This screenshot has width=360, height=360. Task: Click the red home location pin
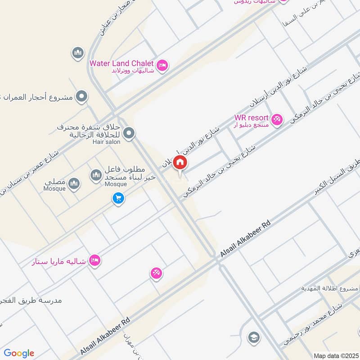coord(180,162)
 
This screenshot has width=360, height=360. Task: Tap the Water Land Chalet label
coord(121,63)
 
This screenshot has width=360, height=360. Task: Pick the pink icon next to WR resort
coord(277,119)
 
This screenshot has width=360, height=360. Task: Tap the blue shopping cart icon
coord(118,198)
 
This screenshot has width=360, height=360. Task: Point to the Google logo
coord(19,353)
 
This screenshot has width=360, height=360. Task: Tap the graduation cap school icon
coord(254,337)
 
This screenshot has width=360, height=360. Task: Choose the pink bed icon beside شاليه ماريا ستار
coord(94,260)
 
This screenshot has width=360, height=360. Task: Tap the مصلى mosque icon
coord(74,183)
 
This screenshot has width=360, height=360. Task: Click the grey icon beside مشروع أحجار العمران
coord(81,96)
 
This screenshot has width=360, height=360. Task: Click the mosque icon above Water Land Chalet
coord(78,53)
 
